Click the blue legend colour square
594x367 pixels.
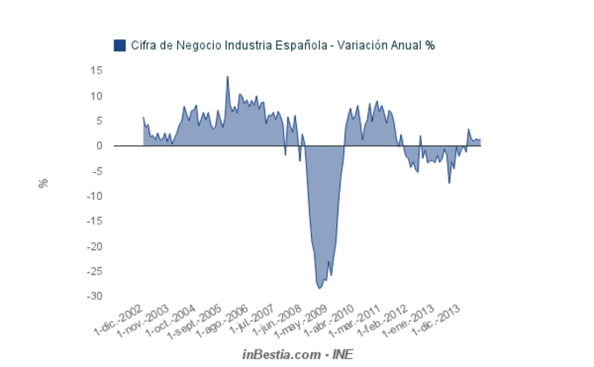pyautogui.click(x=120, y=45)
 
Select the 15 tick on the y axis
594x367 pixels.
pyautogui.click(x=97, y=71)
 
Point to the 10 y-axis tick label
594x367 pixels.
pyautogui.click(x=97, y=96)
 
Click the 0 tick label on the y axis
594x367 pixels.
pyautogui.click(x=100, y=146)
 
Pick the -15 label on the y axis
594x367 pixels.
pyautogui.click(x=95, y=221)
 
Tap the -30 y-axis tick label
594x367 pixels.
pyautogui.click(x=95, y=296)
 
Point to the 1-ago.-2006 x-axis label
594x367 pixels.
pyautogui.click(x=225, y=323)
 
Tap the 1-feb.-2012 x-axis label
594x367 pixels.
pyautogui.click(x=383, y=323)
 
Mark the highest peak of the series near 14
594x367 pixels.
pyautogui.click(x=227, y=77)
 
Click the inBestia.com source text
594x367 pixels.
pyautogui.click(x=280, y=354)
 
